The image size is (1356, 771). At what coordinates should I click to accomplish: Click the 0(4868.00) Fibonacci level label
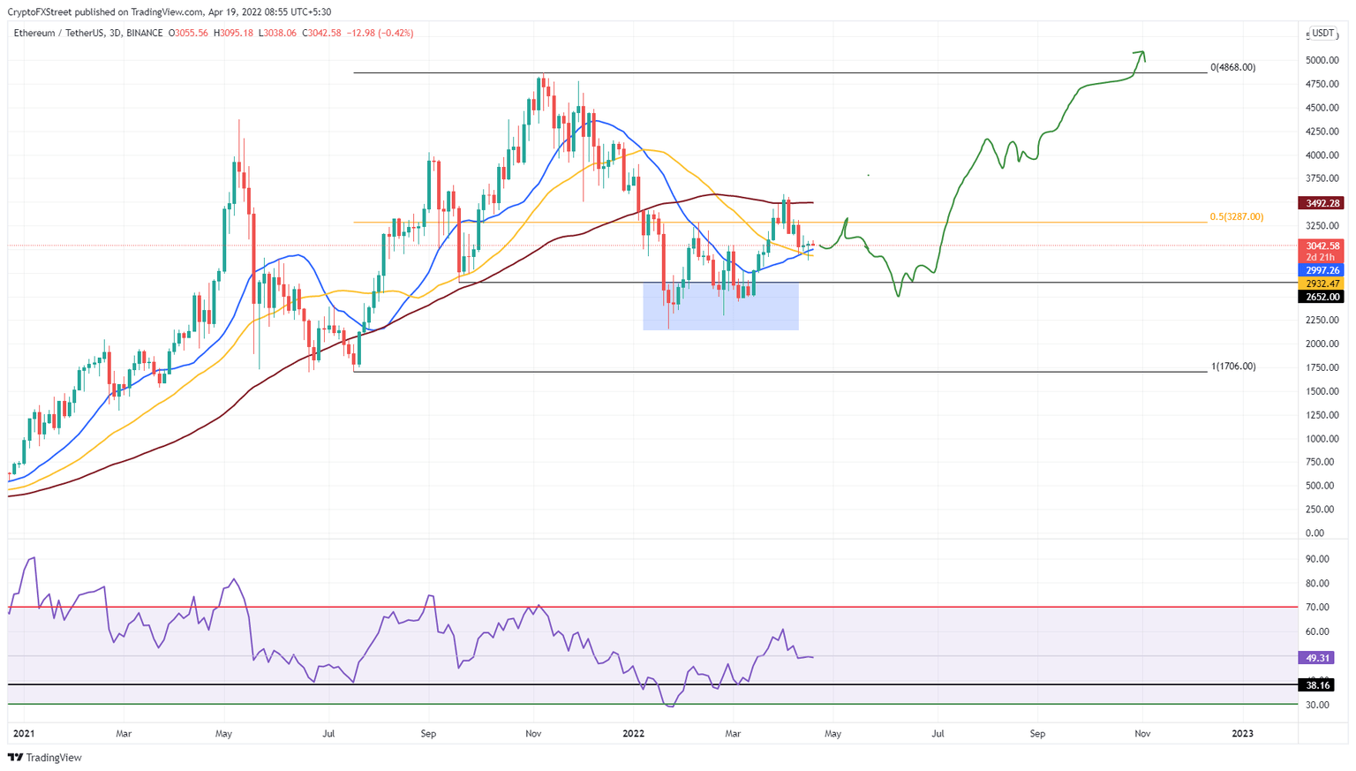point(1232,67)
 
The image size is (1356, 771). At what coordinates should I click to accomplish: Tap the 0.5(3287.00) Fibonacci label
point(1236,217)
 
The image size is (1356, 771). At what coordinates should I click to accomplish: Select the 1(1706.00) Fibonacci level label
point(1232,367)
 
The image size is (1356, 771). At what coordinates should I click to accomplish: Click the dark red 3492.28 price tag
point(1321,203)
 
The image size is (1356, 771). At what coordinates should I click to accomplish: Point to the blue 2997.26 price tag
point(1321,270)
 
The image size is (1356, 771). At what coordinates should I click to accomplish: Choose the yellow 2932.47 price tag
point(1321,283)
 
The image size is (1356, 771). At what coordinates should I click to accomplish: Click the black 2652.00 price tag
point(1321,297)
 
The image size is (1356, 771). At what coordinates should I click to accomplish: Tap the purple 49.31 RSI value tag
point(1315,658)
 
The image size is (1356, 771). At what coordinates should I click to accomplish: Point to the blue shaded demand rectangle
point(720,306)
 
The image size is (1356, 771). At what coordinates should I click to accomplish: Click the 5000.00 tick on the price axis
point(1322,61)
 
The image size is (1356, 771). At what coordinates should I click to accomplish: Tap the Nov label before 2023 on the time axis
point(1142,734)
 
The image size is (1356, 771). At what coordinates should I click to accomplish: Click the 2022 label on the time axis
point(634,734)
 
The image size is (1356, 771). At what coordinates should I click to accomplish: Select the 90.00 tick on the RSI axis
point(1317,559)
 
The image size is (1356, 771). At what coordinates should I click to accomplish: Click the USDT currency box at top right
point(1322,34)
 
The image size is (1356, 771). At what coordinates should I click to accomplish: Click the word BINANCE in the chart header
point(144,34)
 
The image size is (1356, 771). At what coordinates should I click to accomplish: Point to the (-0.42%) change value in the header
point(395,34)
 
